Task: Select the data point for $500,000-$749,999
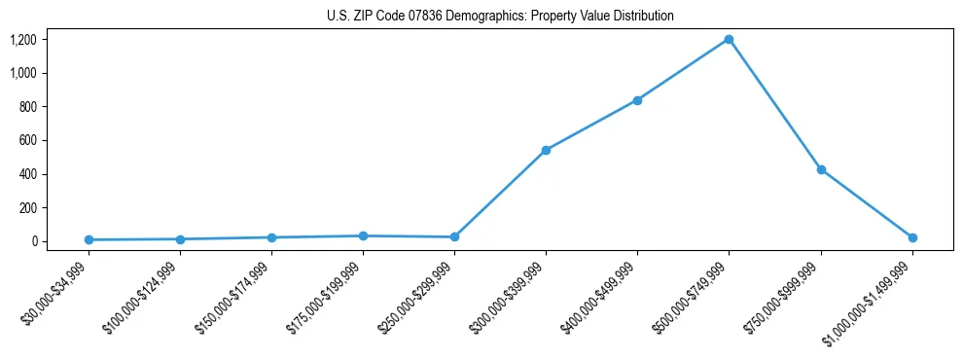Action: (x=729, y=39)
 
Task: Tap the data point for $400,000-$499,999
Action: (x=637, y=100)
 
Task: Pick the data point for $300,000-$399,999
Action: (x=546, y=150)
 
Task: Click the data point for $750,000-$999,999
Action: (x=821, y=169)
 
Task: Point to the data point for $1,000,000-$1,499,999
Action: (x=912, y=237)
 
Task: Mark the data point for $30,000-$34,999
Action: (x=89, y=239)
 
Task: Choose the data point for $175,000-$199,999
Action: (x=363, y=235)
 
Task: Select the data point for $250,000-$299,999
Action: (x=454, y=237)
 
